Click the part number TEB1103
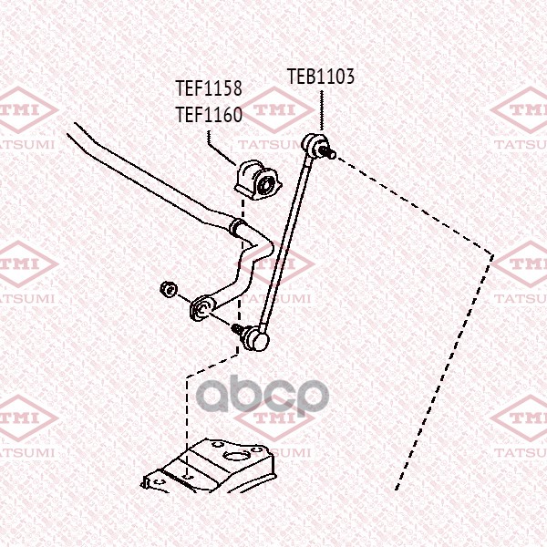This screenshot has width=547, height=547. tap(321, 77)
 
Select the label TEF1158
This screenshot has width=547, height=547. tap(209, 88)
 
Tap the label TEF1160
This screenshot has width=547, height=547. tap(209, 115)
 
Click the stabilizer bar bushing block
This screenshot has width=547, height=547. tap(258, 180)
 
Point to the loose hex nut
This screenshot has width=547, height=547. tap(169, 290)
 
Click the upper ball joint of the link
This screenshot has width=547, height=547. tap(312, 144)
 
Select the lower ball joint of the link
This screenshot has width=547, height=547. tap(257, 337)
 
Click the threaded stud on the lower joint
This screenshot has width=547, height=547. tap(238, 328)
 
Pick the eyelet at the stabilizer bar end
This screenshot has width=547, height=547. tap(202, 307)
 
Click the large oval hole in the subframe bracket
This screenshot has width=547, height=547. tap(236, 455)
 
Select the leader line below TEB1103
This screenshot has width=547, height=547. tap(321, 111)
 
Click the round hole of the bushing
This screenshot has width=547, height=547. tap(265, 184)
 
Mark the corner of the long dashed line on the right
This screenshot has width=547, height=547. tap(492, 255)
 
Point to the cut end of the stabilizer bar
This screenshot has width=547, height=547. tap(71, 129)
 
